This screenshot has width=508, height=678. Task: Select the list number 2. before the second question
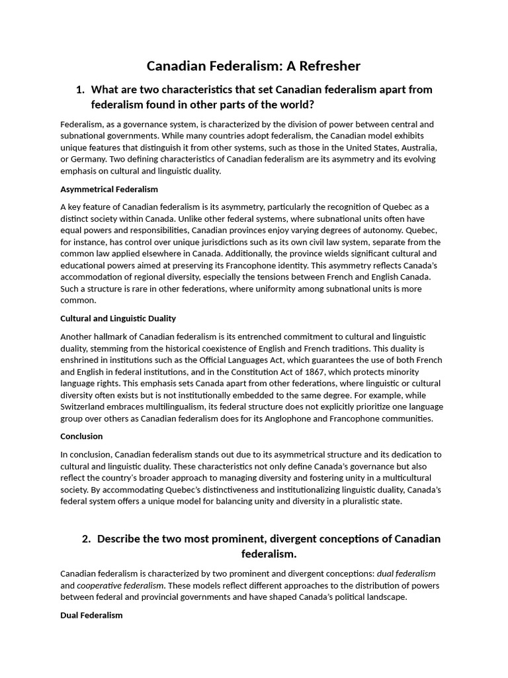click(87, 538)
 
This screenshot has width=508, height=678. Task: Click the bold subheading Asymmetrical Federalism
click(109, 189)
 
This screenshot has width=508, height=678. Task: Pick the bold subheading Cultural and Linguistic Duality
click(118, 318)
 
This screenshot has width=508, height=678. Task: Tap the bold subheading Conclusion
click(81, 436)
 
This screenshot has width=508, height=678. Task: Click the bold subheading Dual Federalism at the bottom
click(91, 615)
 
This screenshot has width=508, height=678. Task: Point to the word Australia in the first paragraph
click(416, 147)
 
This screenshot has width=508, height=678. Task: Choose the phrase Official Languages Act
click(218, 360)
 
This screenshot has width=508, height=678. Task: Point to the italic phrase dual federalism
click(407, 573)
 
